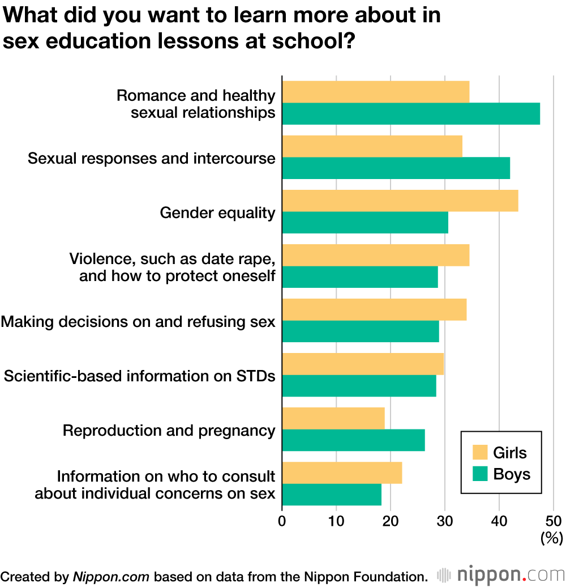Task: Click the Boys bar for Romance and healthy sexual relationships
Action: tap(410, 113)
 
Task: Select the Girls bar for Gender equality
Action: tap(400, 201)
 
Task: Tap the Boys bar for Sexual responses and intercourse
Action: tap(396, 168)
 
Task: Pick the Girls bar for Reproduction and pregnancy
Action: tap(333, 419)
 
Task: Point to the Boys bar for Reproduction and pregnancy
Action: tap(353, 440)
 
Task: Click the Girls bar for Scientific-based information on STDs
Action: tap(363, 364)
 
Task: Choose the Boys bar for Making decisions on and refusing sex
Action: tap(361, 331)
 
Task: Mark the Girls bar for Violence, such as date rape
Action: tap(375, 256)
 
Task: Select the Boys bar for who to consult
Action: tap(332, 495)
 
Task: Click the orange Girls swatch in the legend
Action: tap(480, 453)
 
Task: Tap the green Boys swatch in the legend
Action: tap(480, 474)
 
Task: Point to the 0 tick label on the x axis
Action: tap(282, 521)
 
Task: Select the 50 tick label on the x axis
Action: tap(553, 521)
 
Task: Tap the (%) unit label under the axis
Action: tap(551, 538)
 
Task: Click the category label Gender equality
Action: tap(217, 213)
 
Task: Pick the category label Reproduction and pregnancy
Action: tap(169, 431)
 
